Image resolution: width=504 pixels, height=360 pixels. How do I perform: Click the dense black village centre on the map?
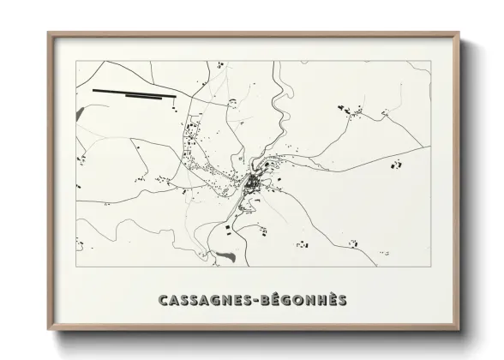click(x=253, y=183)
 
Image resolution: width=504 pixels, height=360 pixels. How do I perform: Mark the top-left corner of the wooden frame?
click(x=49, y=33)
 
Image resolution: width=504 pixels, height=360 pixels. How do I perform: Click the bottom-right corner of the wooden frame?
click(x=458, y=330)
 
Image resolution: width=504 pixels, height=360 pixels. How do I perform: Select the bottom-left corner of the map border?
click(x=75, y=273)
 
